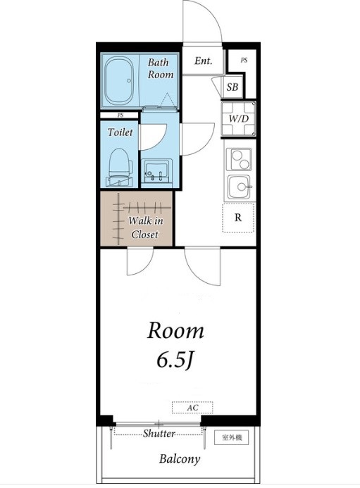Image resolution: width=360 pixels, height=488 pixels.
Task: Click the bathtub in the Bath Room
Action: [x=118, y=81]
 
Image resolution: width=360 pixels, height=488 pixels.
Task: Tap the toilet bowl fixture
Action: [x=120, y=167]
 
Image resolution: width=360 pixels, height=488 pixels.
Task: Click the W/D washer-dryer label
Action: [x=239, y=118]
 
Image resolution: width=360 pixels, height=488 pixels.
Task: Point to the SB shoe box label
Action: [x=232, y=87]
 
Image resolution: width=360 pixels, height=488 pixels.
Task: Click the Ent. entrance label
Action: [x=204, y=61]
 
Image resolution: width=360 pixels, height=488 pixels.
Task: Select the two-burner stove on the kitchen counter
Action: [x=239, y=159]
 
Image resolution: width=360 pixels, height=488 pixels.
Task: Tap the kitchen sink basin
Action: [x=239, y=187]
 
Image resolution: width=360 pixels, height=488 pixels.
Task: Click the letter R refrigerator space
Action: [x=238, y=218]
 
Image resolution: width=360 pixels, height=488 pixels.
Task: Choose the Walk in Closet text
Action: [x=145, y=227]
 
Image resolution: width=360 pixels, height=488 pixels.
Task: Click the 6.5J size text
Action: [x=175, y=361]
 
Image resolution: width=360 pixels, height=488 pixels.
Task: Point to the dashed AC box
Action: [x=192, y=408]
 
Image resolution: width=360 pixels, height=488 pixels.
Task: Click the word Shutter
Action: [x=159, y=433]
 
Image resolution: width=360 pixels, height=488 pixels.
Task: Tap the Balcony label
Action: [x=180, y=458]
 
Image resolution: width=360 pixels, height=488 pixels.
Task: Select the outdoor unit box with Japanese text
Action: [x=232, y=437]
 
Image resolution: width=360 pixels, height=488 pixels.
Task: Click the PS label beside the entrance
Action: [x=244, y=61]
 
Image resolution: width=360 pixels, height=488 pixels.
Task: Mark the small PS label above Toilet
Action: [x=120, y=115]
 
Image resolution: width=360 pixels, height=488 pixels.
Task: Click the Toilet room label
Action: [x=120, y=132]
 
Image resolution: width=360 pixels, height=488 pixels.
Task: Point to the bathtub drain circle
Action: [x=129, y=81]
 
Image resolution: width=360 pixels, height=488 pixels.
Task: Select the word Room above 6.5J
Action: [x=175, y=331]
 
